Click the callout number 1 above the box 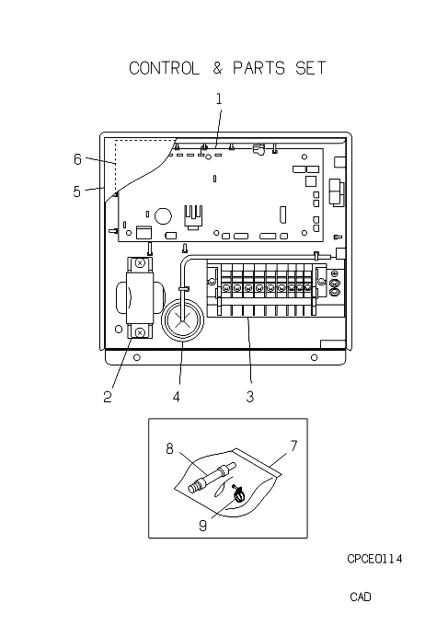click(219, 99)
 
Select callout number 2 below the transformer click(108, 397)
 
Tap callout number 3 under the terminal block click(249, 397)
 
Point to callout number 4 click(177, 397)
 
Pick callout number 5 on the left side click(77, 191)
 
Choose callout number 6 click(77, 159)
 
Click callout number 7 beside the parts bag click(294, 446)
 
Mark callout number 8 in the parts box click(169, 448)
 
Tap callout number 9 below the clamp click(202, 526)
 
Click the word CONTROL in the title click(164, 68)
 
